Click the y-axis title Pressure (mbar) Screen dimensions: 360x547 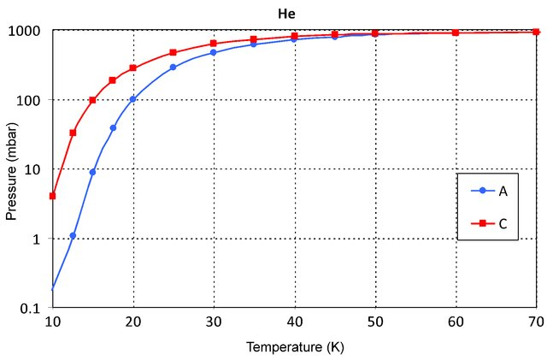coord(11,168)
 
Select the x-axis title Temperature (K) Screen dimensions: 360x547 coord(295,347)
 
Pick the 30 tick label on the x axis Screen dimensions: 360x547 coord(214,322)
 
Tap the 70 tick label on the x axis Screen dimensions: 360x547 coord(536,322)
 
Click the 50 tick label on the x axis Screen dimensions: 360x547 coord(374,322)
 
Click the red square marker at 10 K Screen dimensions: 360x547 coord(53,196)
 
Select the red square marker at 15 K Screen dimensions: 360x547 coord(92,100)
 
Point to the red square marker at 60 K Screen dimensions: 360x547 coord(456,32)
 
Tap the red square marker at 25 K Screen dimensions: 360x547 coord(173,52)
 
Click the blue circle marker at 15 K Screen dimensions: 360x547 coord(92,172)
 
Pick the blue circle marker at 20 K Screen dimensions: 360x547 coord(132,99)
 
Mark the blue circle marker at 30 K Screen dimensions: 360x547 coord(213,52)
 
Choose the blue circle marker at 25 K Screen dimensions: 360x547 coord(173,67)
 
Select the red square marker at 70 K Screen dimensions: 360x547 coord(536,32)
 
